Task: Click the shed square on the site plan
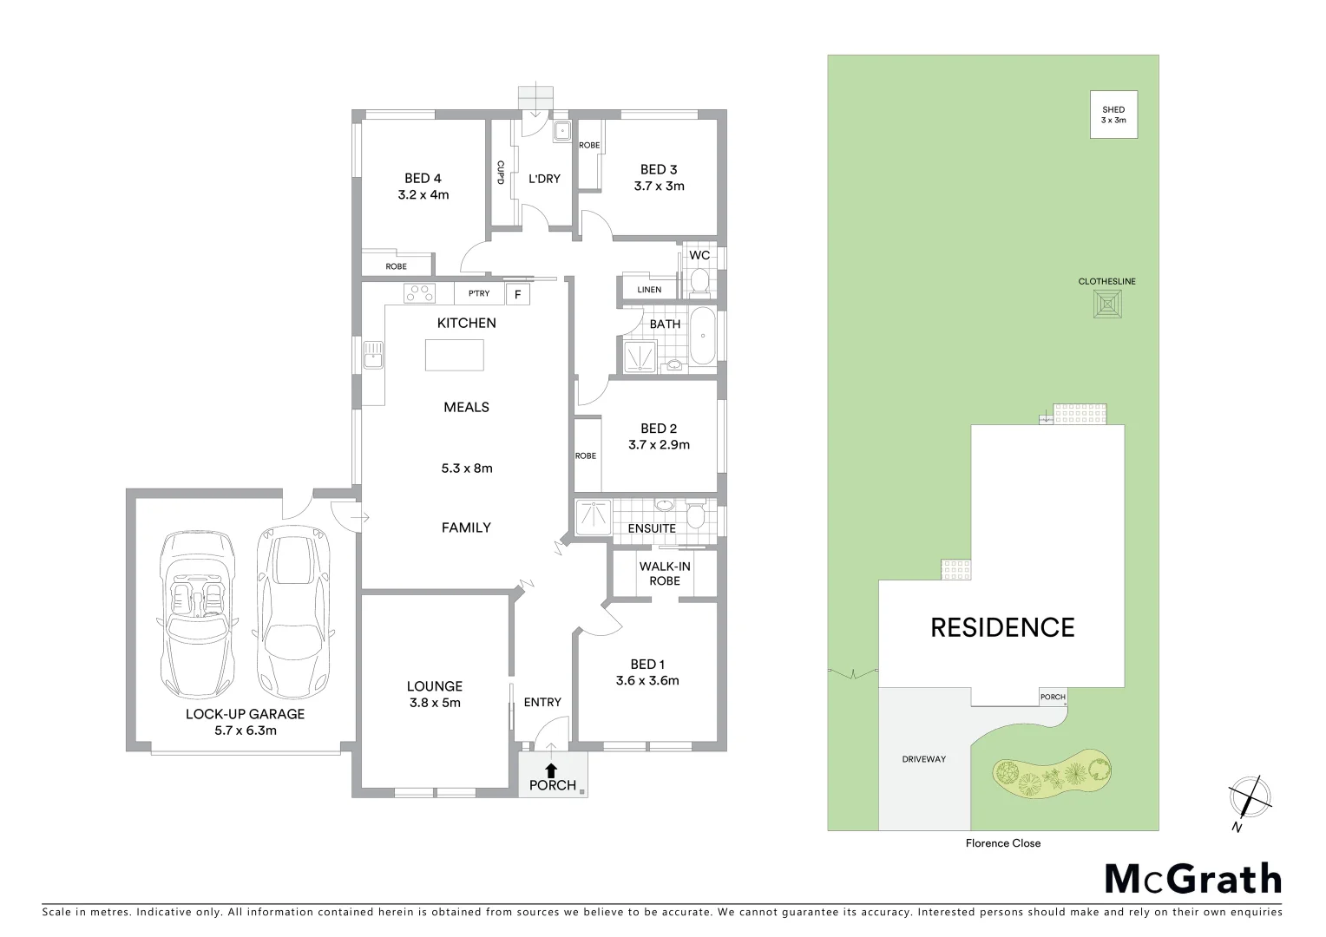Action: coord(1113,115)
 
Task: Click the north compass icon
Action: coord(1250,796)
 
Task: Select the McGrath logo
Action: coord(1192,879)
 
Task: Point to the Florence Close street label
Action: coord(1002,843)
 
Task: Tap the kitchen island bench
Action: coord(455,355)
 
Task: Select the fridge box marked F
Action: coord(517,294)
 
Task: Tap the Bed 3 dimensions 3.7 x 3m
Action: coord(659,186)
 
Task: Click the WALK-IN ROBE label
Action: coord(665,573)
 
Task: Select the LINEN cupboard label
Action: coord(649,290)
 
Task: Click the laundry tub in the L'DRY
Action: coord(561,131)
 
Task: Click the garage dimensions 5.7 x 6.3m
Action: coord(245,731)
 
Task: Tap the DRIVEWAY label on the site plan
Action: coord(923,759)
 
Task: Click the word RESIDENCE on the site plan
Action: coord(1002,627)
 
